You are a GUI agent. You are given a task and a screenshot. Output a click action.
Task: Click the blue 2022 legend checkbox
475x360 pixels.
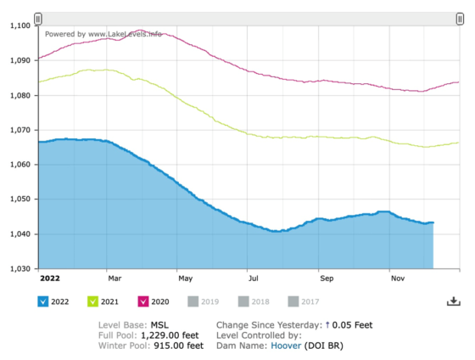pyautogui.click(x=42, y=301)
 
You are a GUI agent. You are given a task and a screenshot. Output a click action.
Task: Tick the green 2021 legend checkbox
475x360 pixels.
pyautogui.click(x=92, y=301)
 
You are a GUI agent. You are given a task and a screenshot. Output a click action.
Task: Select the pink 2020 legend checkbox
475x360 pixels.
pyautogui.click(x=143, y=301)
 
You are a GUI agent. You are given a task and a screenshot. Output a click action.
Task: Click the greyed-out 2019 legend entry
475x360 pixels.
pyautogui.click(x=204, y=301)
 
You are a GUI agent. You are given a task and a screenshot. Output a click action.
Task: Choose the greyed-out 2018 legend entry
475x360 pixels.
pyautogui.click(x=254, y=301)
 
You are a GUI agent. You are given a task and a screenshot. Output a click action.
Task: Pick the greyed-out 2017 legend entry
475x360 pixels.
pyautogui.click(x=304, y=301)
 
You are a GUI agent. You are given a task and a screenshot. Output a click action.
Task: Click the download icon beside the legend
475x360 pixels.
pyautogui.click(x=454, y=301)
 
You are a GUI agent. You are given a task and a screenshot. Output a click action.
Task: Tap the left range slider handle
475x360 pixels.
pyautogui.click(x=38, y=19)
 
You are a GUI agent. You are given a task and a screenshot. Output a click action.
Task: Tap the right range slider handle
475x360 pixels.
pyautogui.click(x=460, y=19)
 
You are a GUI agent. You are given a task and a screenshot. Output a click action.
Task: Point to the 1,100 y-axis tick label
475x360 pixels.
pyautogui.click(x=20, y=25)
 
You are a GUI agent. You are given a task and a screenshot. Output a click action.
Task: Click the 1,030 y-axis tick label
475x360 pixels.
pyautogui.click(x=20, y=268)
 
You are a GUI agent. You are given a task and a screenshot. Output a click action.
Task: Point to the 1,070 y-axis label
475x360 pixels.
pyautogui.click(x=20, y=130)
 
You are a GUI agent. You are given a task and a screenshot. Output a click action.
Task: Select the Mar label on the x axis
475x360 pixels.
pyautogui.click(x=115, y=278)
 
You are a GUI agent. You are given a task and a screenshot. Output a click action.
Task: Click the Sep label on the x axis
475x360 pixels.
pyautogui.click(x=327, y=278)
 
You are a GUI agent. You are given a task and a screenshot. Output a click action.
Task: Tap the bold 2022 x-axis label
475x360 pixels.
pyautogui.click(x=50, y=278)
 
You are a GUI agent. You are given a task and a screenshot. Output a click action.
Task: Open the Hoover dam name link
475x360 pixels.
pyautogui.click(x=286, y=346)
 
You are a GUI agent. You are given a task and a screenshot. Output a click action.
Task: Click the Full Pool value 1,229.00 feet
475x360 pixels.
pyautogui.click(x=170, y=335)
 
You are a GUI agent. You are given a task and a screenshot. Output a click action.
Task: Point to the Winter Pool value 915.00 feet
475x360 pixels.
pyautogui.click(x=179, y=346)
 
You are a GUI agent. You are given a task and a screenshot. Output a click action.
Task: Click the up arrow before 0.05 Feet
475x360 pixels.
pyautogui.click(x=327, y=325)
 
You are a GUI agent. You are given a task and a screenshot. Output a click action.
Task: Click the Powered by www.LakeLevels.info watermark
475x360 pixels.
pyautogui.click(x=103, y=34)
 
